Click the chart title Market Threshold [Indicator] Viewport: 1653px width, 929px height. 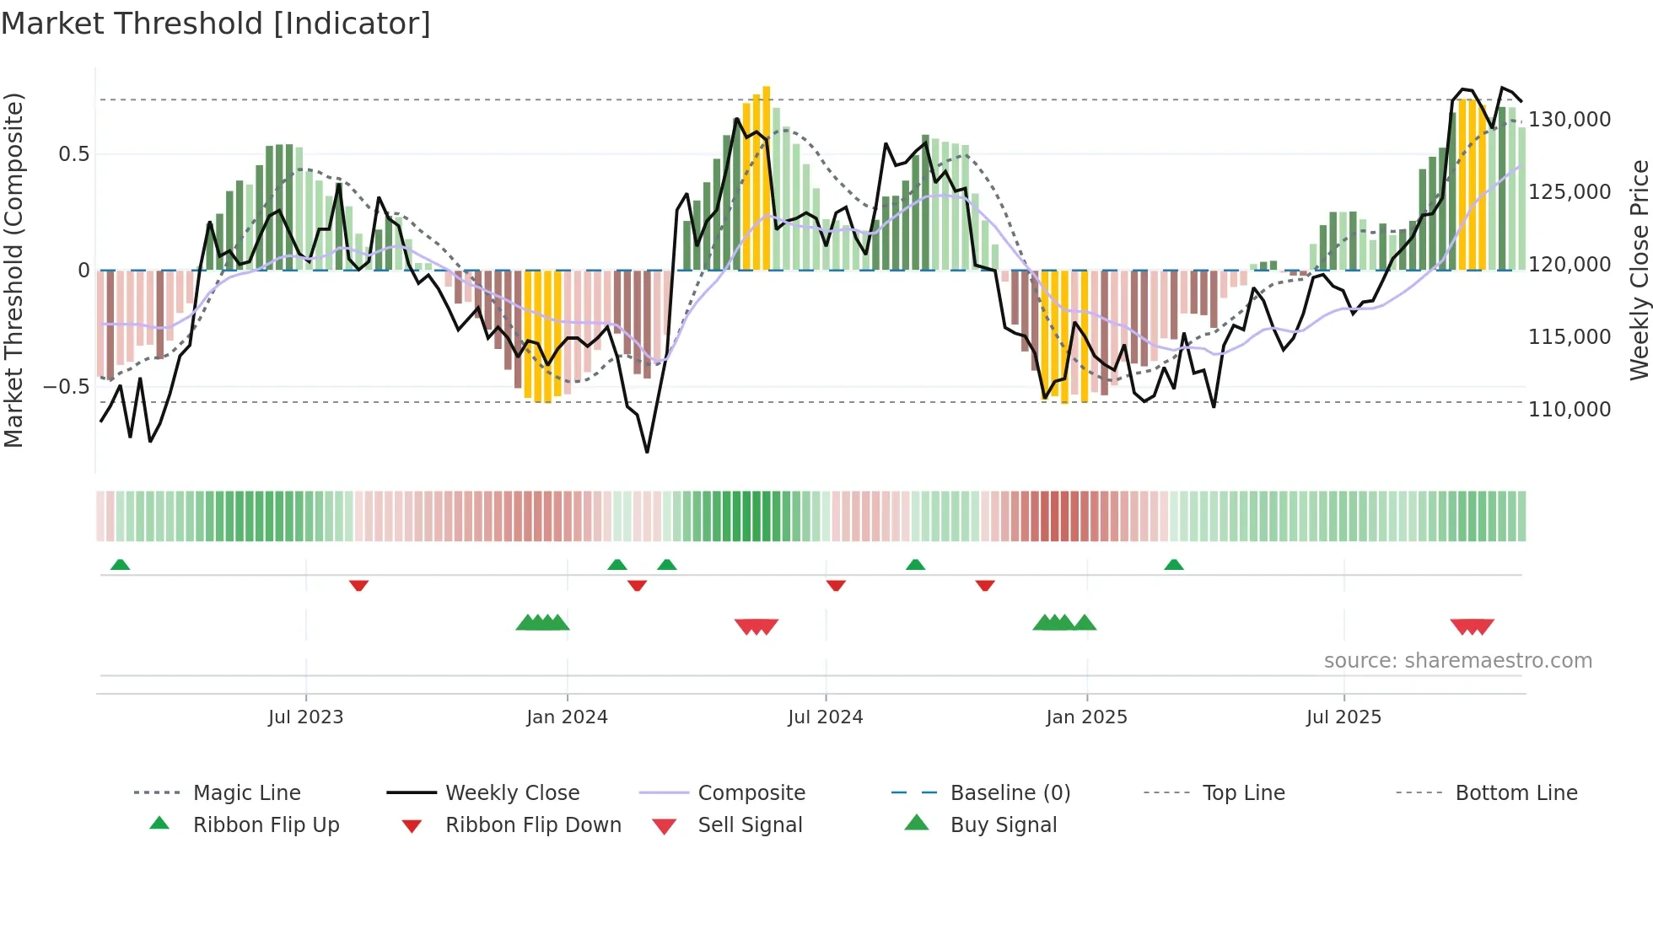(216, 24)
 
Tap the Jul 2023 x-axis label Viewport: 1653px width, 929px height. (305, 717)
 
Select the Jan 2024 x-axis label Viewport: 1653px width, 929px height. (567, 717)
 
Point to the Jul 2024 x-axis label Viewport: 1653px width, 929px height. (825, 717)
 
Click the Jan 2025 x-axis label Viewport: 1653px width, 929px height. (1086, 717)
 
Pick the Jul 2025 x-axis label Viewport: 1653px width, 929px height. (1343, 717)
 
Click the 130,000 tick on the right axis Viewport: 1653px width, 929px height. (1570, 120)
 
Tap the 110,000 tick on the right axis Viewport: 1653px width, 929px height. (1570, 410)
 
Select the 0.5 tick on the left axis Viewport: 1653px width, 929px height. (73, 154)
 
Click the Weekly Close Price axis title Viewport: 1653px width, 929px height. (1638, 270)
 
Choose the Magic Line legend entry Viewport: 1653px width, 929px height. (246, 793)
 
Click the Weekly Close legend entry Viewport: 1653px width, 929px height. (512, 793)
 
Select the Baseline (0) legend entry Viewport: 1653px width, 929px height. (1010, 793)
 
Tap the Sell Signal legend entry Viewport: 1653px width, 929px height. (749, 825)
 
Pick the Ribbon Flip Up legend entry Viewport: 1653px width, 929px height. (266, 825)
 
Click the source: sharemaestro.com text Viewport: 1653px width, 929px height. (1457, 661)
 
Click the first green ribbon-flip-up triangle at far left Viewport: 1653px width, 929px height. (120, 565)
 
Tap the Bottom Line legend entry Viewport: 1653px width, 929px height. (1516, 793)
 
